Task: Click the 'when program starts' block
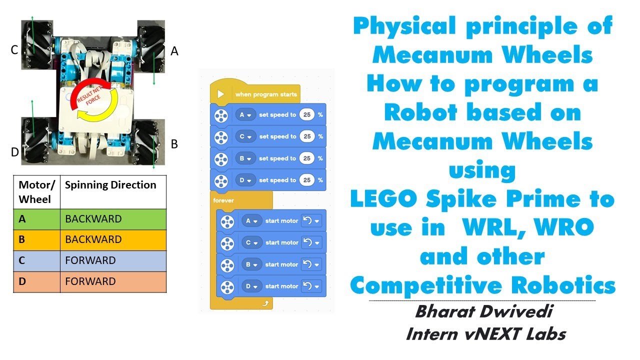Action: tap(265, 94)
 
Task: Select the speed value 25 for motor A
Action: tap(307, 115)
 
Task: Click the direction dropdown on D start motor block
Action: tap(311, 286)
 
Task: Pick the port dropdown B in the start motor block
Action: tap(251, 264)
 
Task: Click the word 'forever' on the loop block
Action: tap(223, 200)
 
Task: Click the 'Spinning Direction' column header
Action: tap(110, 185)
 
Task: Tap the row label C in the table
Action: tap(22, 260)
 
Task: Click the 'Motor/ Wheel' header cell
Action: tap(36, 191)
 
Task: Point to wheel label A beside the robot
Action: tap(174, 50)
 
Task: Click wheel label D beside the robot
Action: tap(14, 152)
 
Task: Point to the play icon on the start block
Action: tap(220, 94)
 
